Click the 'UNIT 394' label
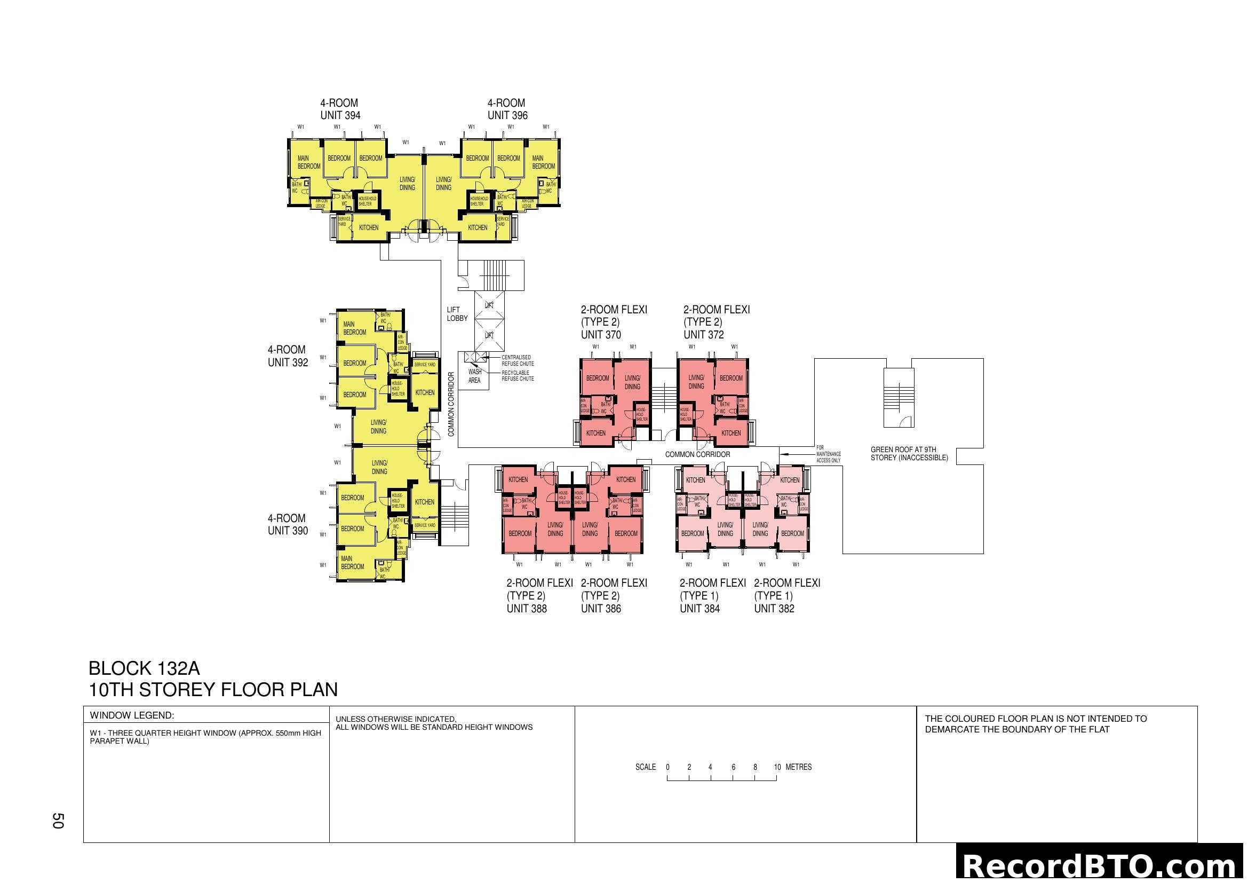coord(340,115)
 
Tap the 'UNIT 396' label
coord(507,115)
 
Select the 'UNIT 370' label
coord(601,335)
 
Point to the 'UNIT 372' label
coord(703,335)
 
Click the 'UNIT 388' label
coord(526,609)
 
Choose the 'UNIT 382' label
coord(774,609)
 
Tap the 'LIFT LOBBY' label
coord(457,314)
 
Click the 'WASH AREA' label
coord(474,376)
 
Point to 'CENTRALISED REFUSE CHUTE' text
coord(518,360)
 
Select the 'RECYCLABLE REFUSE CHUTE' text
coord(518,376)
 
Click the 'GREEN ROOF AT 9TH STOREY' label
coord(909,453)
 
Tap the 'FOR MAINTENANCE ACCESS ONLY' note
coord(828,454)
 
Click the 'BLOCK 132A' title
coord(144,668)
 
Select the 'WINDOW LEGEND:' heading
coord(132,715)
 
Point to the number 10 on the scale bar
coord(777,767)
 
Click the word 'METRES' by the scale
coord(799,767)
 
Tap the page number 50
coord(58,821)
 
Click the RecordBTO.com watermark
coord(1101,865)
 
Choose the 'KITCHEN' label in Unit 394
coord(369,228)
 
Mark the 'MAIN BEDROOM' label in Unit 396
coord(543,162)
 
